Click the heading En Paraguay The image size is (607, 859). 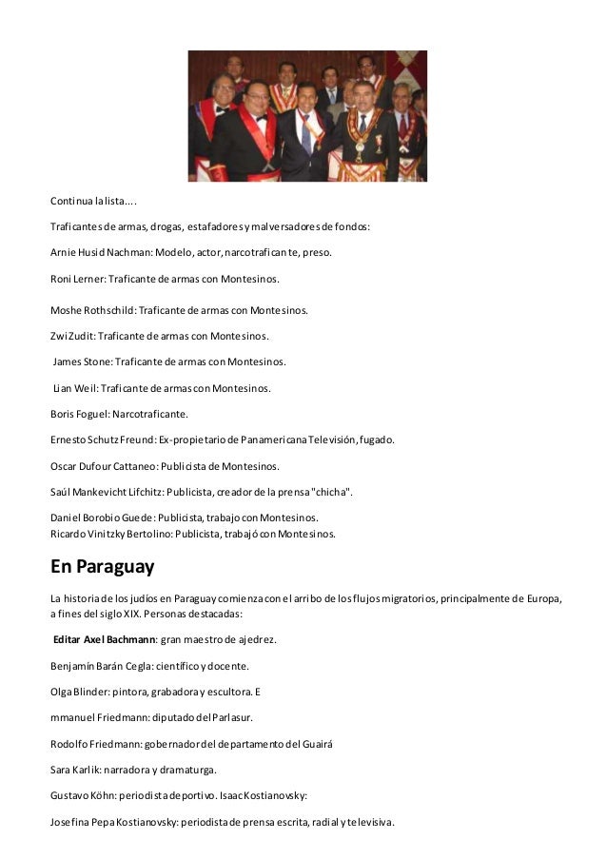point(102,568)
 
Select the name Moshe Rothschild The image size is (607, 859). point(93,310)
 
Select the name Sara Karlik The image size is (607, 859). point(78,769)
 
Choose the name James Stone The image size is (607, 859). point(82,361)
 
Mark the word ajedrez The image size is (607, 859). point(255,639)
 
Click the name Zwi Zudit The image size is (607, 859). point(72,336)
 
